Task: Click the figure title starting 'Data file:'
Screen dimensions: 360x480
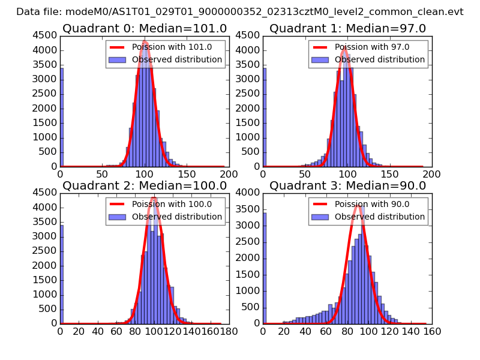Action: (x=240, y=11)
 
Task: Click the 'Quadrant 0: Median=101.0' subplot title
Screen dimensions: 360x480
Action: (x=145, y=28)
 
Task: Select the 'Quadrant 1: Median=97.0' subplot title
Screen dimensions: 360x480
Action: (x=347, y=28)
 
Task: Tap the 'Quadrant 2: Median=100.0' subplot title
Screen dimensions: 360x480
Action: (x=145, y=185)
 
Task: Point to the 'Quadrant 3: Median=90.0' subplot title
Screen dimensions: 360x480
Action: (x=347, y=185)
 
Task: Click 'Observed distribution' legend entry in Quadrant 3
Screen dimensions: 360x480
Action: (x=380, y=217)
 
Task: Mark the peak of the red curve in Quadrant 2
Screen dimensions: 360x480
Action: (x=154, y=197)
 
